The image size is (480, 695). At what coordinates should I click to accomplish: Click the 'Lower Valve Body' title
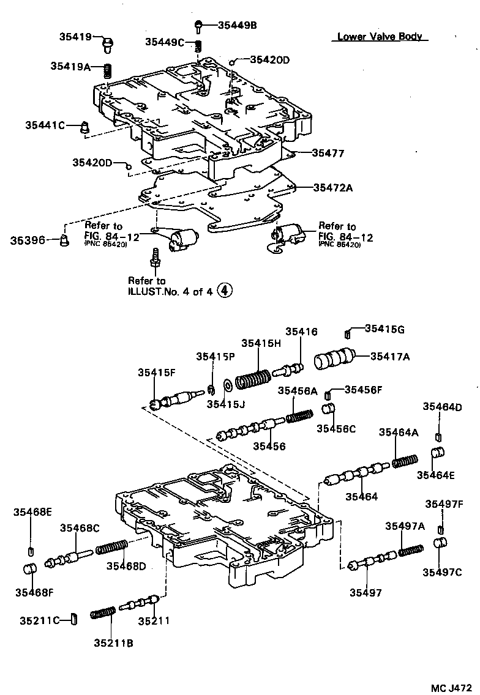coord(380,37)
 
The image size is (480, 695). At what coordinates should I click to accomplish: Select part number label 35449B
coord(238,25)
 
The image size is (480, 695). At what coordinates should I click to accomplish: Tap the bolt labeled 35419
coord(108,42)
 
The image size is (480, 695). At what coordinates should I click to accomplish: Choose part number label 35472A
coord(333,188)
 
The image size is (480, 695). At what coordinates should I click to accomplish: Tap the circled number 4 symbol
coord(225,291)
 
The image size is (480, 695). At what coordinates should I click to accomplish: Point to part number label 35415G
coord(384,329)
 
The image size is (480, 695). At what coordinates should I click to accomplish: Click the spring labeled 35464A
coord(405,460)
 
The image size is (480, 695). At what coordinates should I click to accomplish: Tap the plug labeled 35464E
coord(439,455)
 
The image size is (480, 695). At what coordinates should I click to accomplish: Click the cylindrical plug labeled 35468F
coord(30,570)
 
